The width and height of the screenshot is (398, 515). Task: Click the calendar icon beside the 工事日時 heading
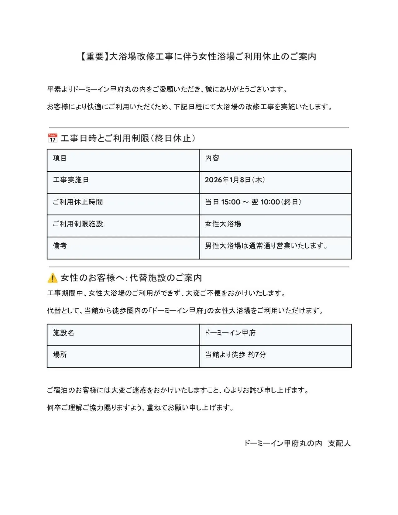52,138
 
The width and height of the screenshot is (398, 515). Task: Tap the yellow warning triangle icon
52,277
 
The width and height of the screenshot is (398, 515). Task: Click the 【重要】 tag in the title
93,56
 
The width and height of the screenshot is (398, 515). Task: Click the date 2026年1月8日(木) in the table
235,180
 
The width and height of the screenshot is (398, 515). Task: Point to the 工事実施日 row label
71,180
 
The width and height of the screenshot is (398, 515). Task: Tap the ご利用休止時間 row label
78,202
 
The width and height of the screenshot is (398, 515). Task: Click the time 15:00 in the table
231,202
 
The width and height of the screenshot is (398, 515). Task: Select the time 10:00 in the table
270,202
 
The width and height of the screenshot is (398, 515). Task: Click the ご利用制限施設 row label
78,224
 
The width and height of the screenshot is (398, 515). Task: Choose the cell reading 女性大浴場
223,224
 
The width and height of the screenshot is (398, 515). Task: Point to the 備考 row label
60,246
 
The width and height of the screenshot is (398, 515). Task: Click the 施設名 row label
63,333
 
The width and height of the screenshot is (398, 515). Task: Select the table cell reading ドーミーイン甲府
230,333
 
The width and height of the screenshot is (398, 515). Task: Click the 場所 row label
60,355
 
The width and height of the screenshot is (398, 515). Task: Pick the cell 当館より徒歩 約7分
235,355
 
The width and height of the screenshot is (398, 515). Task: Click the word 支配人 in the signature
339,443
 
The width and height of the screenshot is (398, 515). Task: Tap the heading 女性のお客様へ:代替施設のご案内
131,277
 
